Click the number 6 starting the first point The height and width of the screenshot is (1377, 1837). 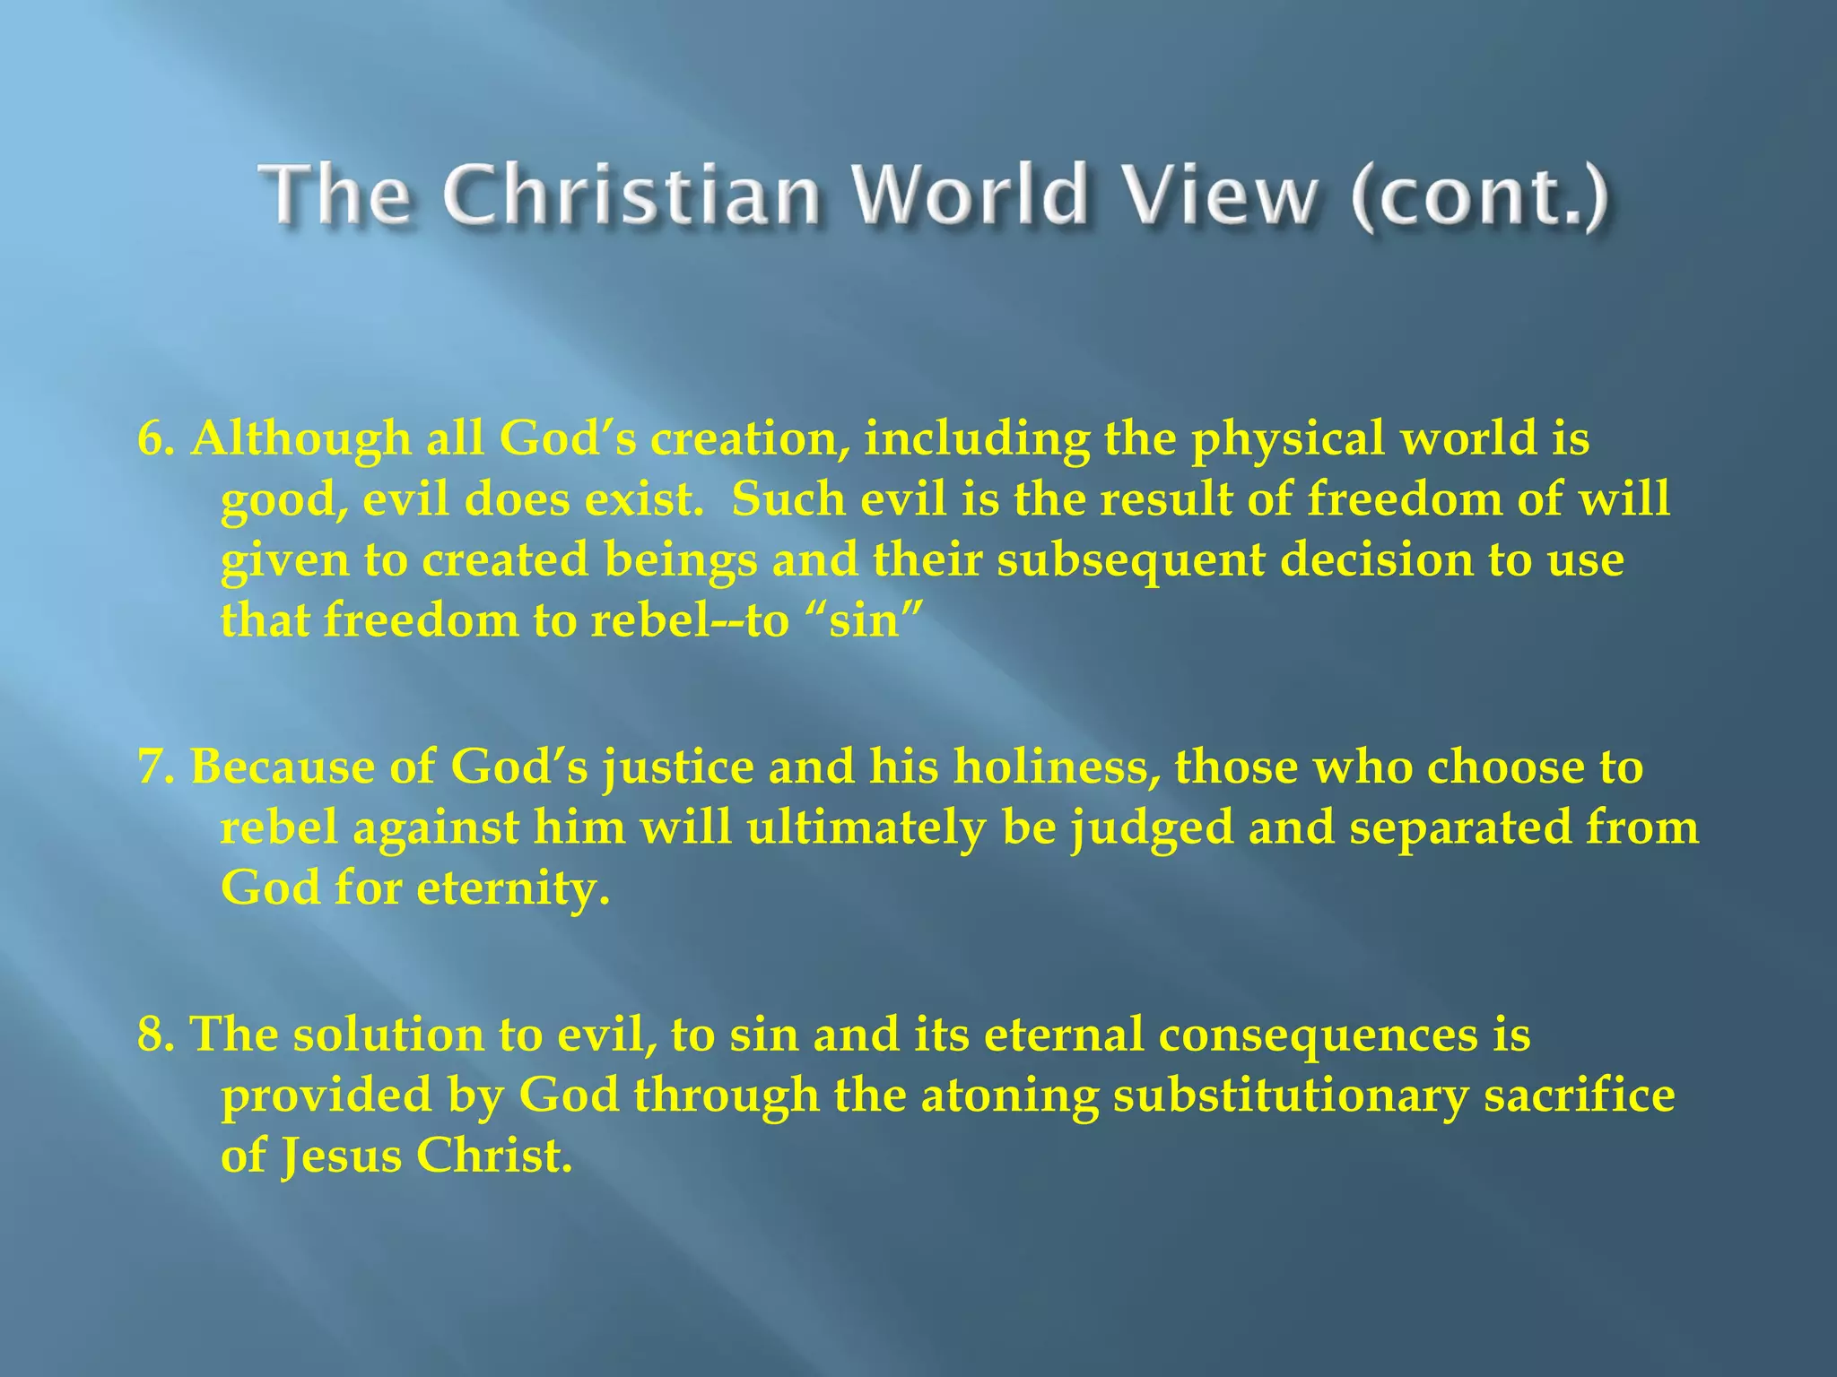point(153,439)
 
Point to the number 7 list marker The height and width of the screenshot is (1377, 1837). point(153,767)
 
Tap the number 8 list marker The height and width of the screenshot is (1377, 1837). point(153,1035)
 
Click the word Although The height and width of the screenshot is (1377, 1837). point(300,439)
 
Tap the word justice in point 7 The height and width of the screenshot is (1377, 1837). point(678,768)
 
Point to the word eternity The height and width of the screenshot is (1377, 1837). point(513,888)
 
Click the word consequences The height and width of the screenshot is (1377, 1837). point(1318,1035)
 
